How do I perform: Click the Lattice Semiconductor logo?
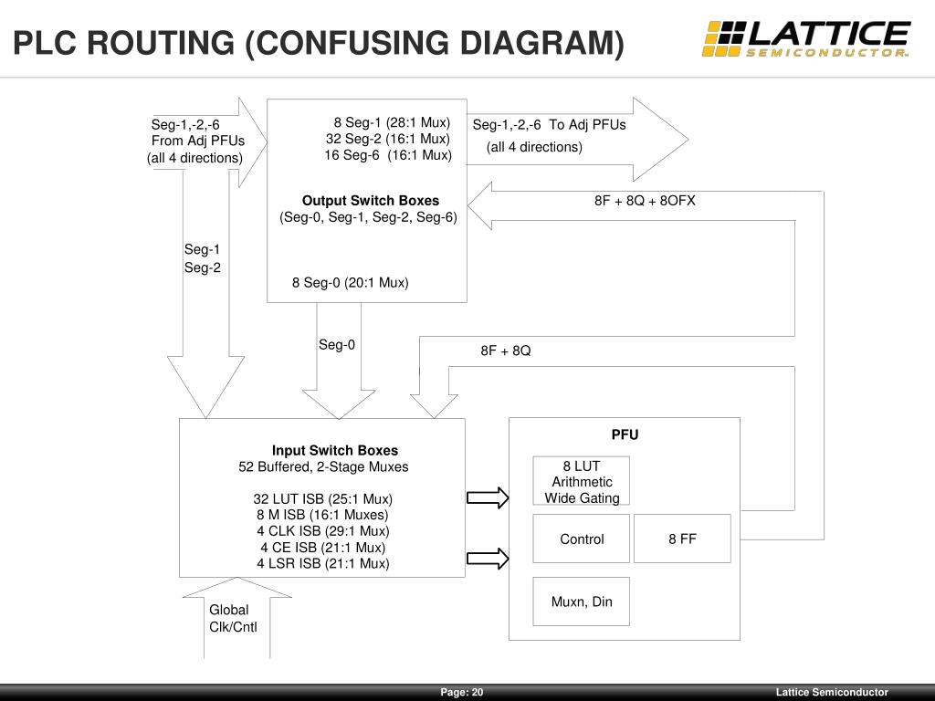pyautogui.click(x=805, y=39)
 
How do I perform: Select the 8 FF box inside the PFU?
pyautogui.click(x=682, y=539)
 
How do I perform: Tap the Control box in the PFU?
pyautogui.click(x=582, y=539)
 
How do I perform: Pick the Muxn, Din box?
pyautogui.click(x=582, y=602)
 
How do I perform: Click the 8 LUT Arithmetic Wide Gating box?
pyautogui.click(x=582, y=481)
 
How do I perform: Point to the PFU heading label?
pyautogui.click(x=625, y=434)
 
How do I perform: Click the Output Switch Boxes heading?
pyautogui.click(x=370, y=201)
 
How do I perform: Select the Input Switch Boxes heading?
pyautogui.click(x=334, y=450)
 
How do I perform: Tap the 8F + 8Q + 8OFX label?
pyautogui.click(x=645, y=201)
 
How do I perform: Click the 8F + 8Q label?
pyautogui.click(x=505, y=350)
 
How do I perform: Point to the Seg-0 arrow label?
pyautogui.click(x=336, y=344)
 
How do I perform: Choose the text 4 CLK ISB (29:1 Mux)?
pyautogui.click(x=323, y=530)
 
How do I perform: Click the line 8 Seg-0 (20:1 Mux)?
pyautogui.click(x=350, y=283)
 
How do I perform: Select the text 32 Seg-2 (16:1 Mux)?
pyautogui.click(x=388, y=139)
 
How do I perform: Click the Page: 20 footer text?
pyautogui.click(x=462, y=693)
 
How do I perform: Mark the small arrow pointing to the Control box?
pyautogui.click(x=488, y=559)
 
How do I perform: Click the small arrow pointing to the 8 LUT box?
pyautogui.click(x=488, y=497)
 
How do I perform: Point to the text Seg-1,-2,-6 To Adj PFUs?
pyautogui.click(x=549, y=125)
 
